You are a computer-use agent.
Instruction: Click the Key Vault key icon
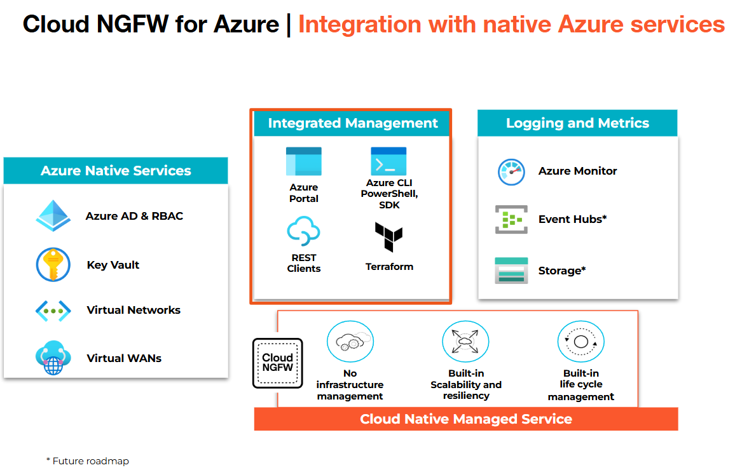(53, 265)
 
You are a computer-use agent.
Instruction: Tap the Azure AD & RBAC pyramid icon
(53, 216)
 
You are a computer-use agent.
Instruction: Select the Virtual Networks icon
(53, 310)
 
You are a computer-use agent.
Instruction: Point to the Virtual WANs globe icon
(53, 358)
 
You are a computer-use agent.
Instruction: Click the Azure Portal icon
(303, 161)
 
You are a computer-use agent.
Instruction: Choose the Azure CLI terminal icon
(388, 161)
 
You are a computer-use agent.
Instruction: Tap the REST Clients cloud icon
(303, 231)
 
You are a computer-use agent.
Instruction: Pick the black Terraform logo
(388, 238)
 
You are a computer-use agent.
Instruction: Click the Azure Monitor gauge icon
(511, 171)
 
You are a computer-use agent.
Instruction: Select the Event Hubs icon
(511, 220)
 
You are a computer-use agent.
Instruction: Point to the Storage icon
(511, 271)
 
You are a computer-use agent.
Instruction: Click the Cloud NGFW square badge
(278, 363)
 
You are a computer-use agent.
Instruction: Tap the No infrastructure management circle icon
(350, 342)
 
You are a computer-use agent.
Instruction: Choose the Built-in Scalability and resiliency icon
(465, 342)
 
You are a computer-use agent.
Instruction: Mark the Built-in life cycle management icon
(580, 342)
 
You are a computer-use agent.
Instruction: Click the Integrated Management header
(353, 123)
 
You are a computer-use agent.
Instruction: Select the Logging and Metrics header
(577, 123)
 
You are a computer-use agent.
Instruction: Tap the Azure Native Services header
(116, 171)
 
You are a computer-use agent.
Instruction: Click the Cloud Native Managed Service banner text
(466, 419)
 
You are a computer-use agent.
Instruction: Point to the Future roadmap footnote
(88, 461)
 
